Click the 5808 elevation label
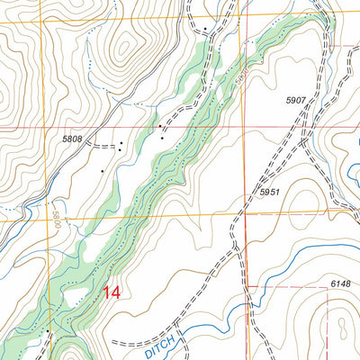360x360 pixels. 72,139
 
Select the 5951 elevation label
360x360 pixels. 269,193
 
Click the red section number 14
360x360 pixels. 112,292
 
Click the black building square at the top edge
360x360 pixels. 205,29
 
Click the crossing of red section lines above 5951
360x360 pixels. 246,128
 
